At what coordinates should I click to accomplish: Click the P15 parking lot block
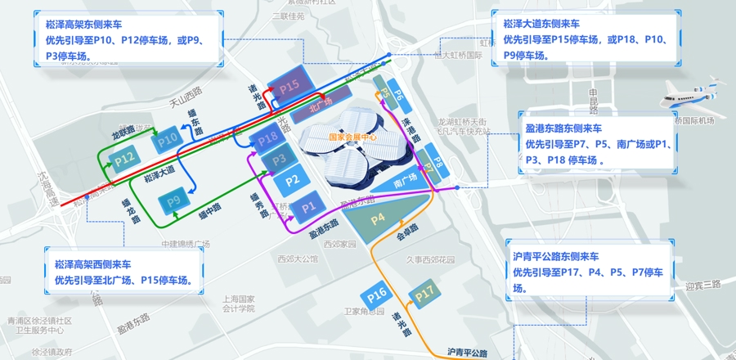[x=290, y=84]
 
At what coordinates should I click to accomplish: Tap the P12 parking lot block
[x=124, y=157]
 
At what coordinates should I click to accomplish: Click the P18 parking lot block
[x=268, y=140]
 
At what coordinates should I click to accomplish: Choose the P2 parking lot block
[x=293, y=179]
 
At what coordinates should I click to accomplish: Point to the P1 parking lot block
[x=307, y=208]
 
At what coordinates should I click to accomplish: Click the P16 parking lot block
[x=377, y=293]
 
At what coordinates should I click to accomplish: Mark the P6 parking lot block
[x=398, y=95]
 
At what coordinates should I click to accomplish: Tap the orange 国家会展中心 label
[x=352, y=137]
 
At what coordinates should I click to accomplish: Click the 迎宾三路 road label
[x=703, y=285]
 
